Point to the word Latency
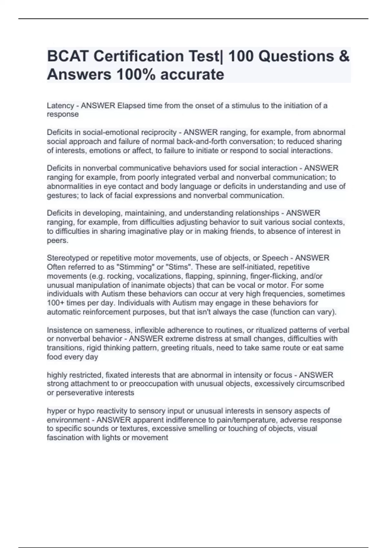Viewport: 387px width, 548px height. pyautogui.click(x=60, y=105)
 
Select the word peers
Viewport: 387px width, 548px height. pyautogui.click(x=57, y=240)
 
